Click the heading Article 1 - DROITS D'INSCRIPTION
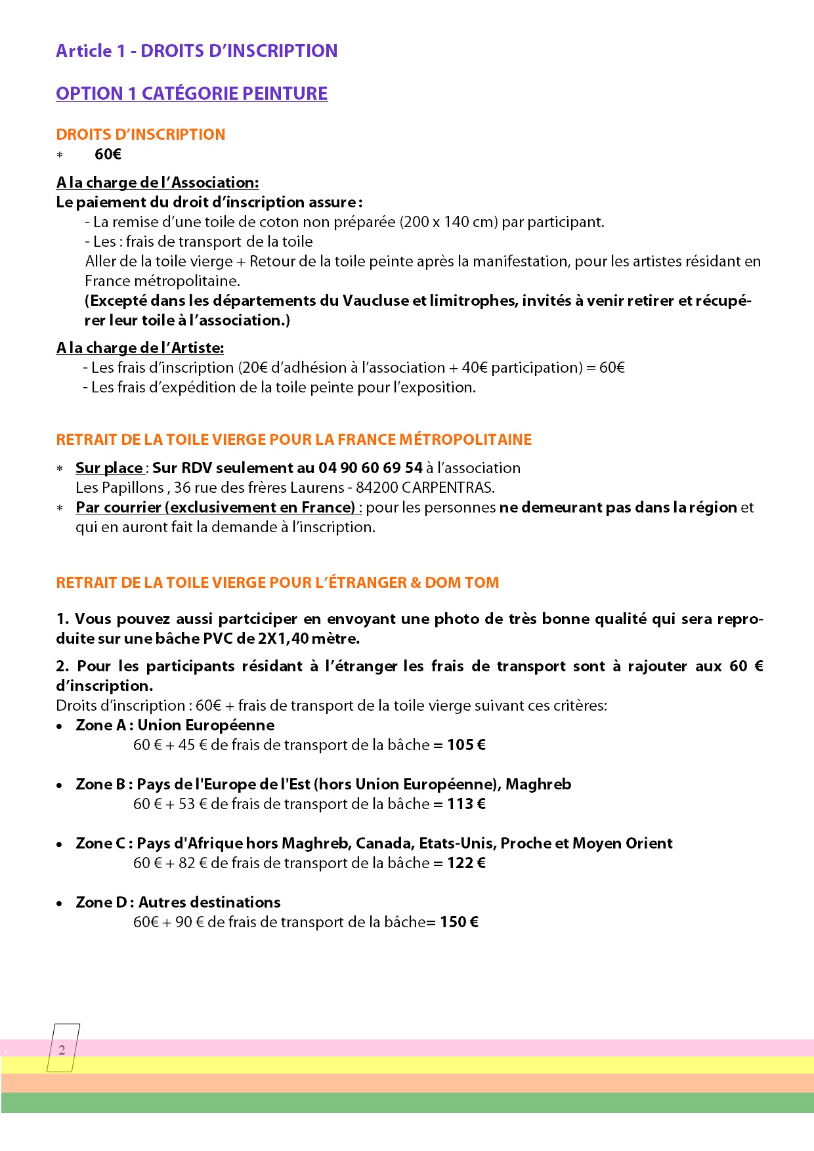click(196, 51)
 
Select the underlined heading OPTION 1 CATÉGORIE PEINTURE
click(192, 94)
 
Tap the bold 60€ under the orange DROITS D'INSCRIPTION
click(108, 154)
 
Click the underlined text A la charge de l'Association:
click(158, 182)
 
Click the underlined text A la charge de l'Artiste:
click(140, 348)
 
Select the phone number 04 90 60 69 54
click(370, 468)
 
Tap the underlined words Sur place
click(109, 468)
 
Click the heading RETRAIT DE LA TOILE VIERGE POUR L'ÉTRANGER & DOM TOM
click(277, 583)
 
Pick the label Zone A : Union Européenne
click(175, 725)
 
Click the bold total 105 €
click(466, 745)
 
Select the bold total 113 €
click(466, 804)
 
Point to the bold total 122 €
click(466, 863)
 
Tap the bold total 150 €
click(459, 922)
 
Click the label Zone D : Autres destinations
click(178, 902)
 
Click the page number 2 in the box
click(62, 1050)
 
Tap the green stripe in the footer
click(407, 1102)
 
